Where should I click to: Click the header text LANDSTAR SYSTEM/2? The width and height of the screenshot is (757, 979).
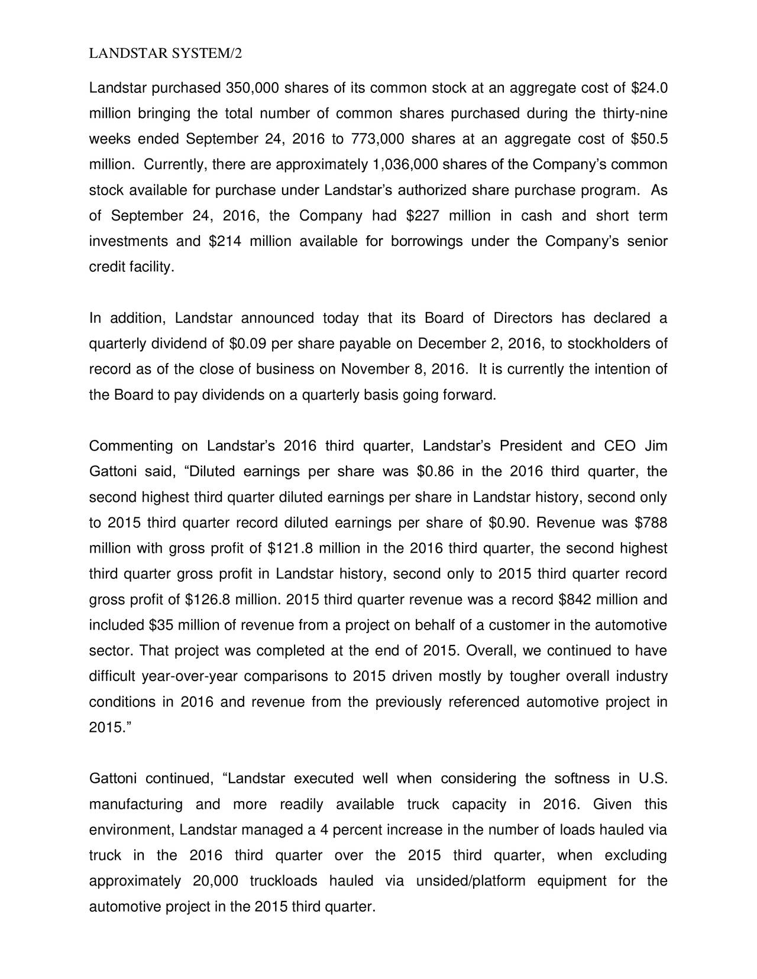(x=165, y=54)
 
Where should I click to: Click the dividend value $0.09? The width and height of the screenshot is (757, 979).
(x=247, y=344)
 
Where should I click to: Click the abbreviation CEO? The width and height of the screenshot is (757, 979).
(x=620, y=446)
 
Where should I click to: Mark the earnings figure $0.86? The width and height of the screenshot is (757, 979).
(x=436, y=472)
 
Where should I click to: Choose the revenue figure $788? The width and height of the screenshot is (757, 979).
(x=650, y=523)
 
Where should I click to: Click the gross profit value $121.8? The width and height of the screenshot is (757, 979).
(x=290, y=549)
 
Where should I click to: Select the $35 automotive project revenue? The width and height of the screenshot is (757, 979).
(x=161, y=625)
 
